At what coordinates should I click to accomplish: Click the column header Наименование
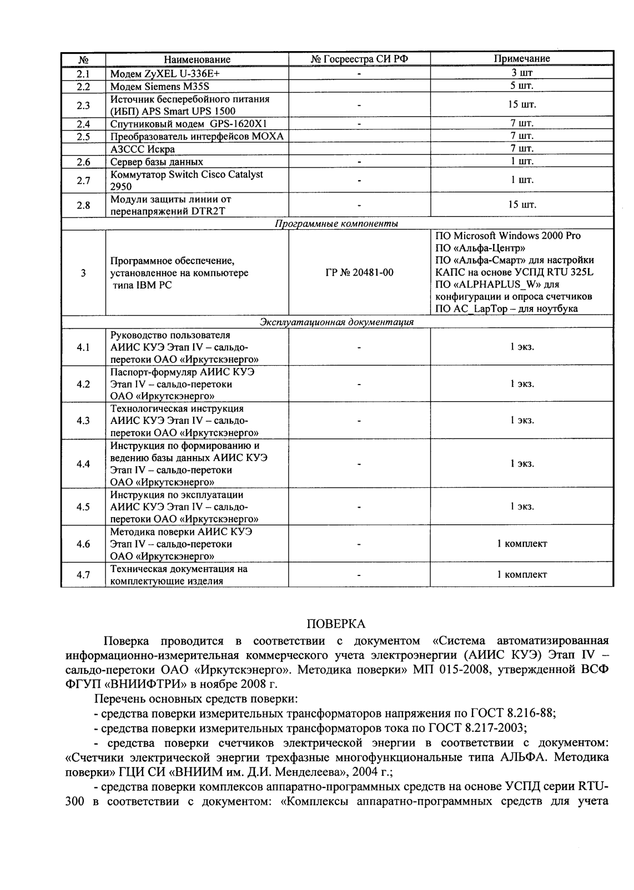point(197,59)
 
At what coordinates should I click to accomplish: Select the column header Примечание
point(522,59)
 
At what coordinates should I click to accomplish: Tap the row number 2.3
point(83,105)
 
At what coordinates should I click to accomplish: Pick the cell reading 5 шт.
point(522,86)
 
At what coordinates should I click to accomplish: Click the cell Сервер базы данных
point(157,162)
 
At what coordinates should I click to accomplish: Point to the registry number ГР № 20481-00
point(359,272)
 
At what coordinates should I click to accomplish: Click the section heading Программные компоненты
point(336,224)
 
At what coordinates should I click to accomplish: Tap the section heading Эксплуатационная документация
point(336,322)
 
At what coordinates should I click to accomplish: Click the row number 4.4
point(83,464)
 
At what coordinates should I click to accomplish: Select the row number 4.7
point(83,575)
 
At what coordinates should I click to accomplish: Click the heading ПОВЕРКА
point(336,624)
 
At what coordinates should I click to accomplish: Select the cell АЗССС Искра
point(143,149)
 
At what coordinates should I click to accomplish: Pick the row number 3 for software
point(83,272)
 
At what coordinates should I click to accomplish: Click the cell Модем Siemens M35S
point(160,87)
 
